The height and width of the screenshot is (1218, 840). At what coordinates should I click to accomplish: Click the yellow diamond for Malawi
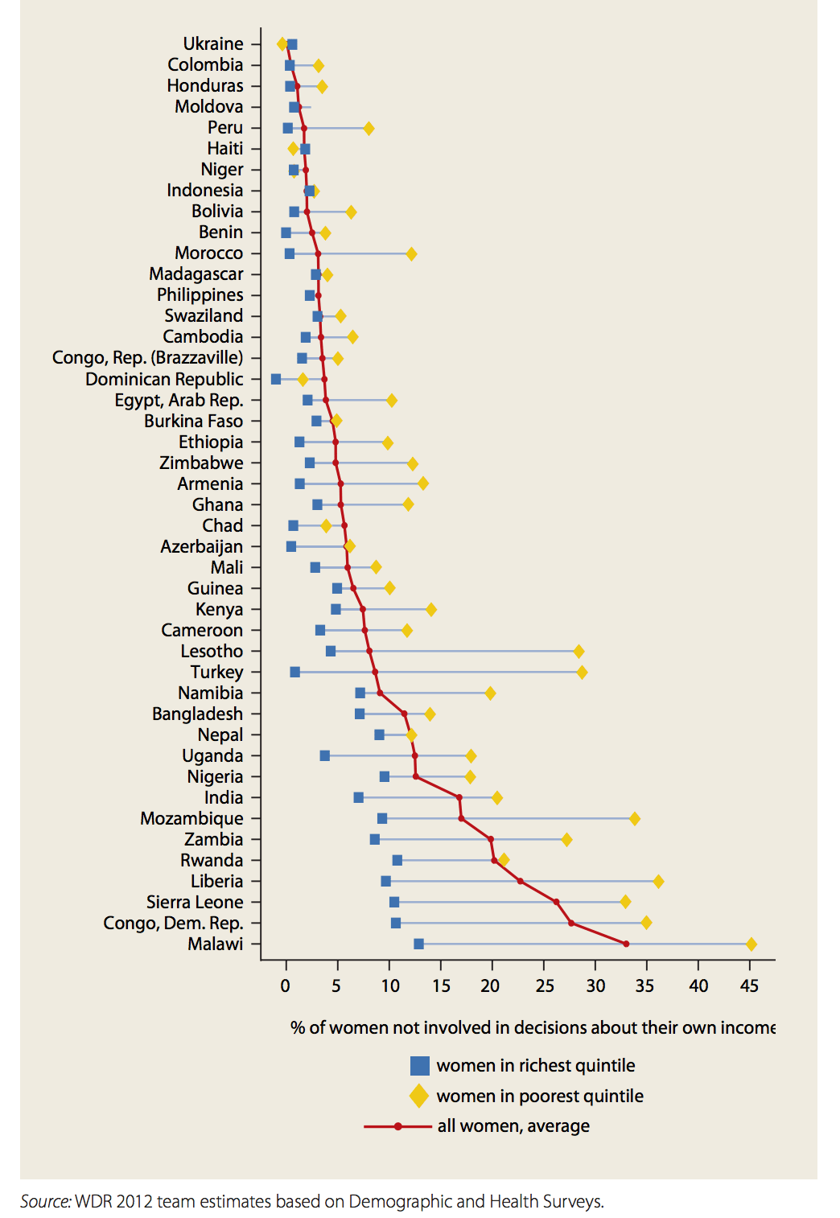pos(751,944)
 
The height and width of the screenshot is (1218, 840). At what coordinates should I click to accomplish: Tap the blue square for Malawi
pos(418,944)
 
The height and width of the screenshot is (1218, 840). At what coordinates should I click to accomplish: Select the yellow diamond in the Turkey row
pos(582,672)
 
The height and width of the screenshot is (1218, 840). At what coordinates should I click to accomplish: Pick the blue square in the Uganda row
pos(324,755)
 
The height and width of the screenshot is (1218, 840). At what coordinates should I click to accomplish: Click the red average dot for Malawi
pos(626,944)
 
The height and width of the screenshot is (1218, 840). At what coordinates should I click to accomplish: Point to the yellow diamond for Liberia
pos(658,881)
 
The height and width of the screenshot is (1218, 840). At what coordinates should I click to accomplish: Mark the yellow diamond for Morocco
pos(411,253)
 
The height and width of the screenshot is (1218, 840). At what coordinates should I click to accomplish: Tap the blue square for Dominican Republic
pos(276,379)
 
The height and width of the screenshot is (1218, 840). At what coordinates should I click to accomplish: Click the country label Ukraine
pos(212,43)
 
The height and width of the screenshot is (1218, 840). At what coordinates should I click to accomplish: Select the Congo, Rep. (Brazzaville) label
pos(147,357)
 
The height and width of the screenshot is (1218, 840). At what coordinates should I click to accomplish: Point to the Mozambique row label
pos(191,818)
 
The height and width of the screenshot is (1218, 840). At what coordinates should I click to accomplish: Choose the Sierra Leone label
pos(194,902)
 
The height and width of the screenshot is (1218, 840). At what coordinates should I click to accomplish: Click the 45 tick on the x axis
pos(749,986)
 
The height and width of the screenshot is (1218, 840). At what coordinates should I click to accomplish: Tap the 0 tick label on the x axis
pos(285,986)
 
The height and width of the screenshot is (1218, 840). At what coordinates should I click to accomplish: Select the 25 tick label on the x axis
pos(544,986)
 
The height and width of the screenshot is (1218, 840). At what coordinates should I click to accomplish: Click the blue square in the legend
pos(419,1066)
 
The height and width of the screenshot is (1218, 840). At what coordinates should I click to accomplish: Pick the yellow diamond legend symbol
pos(419,1096)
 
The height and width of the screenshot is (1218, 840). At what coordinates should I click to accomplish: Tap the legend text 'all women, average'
pos(513,1126)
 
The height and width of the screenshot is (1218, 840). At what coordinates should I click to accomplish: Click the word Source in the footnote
pos(44,1201)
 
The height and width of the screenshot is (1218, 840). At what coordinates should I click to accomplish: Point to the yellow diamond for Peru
pos(369,128)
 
